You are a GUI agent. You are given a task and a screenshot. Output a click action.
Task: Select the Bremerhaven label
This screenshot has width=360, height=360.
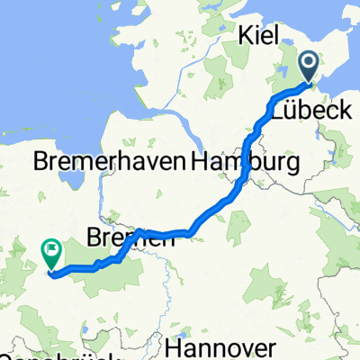coord(108,163)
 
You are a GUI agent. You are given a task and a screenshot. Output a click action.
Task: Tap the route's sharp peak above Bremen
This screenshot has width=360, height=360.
coord(139,231)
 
